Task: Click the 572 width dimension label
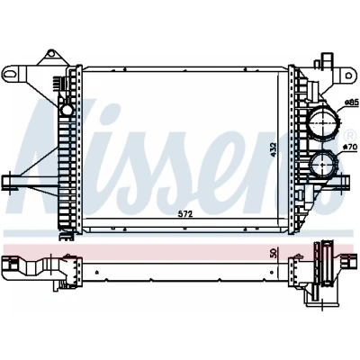pyautogui.click(x=184, y=214)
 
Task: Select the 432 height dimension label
pyautogui.click(x=273, y=149)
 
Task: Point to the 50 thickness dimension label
pyautogui.click(x=273, y=253)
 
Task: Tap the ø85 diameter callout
pyautogui.click(x=352, y=103)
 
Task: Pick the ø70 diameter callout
pyautogui.click(x=351, y=147)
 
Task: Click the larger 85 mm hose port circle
pyautogui.click(x=323, y=122)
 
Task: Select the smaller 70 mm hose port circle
pyautogui.click(x=323, y=165)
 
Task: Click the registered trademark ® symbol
pyautogui.click(x=349, y=136)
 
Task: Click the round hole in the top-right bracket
pyautogui.click(x=348, y=76)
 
